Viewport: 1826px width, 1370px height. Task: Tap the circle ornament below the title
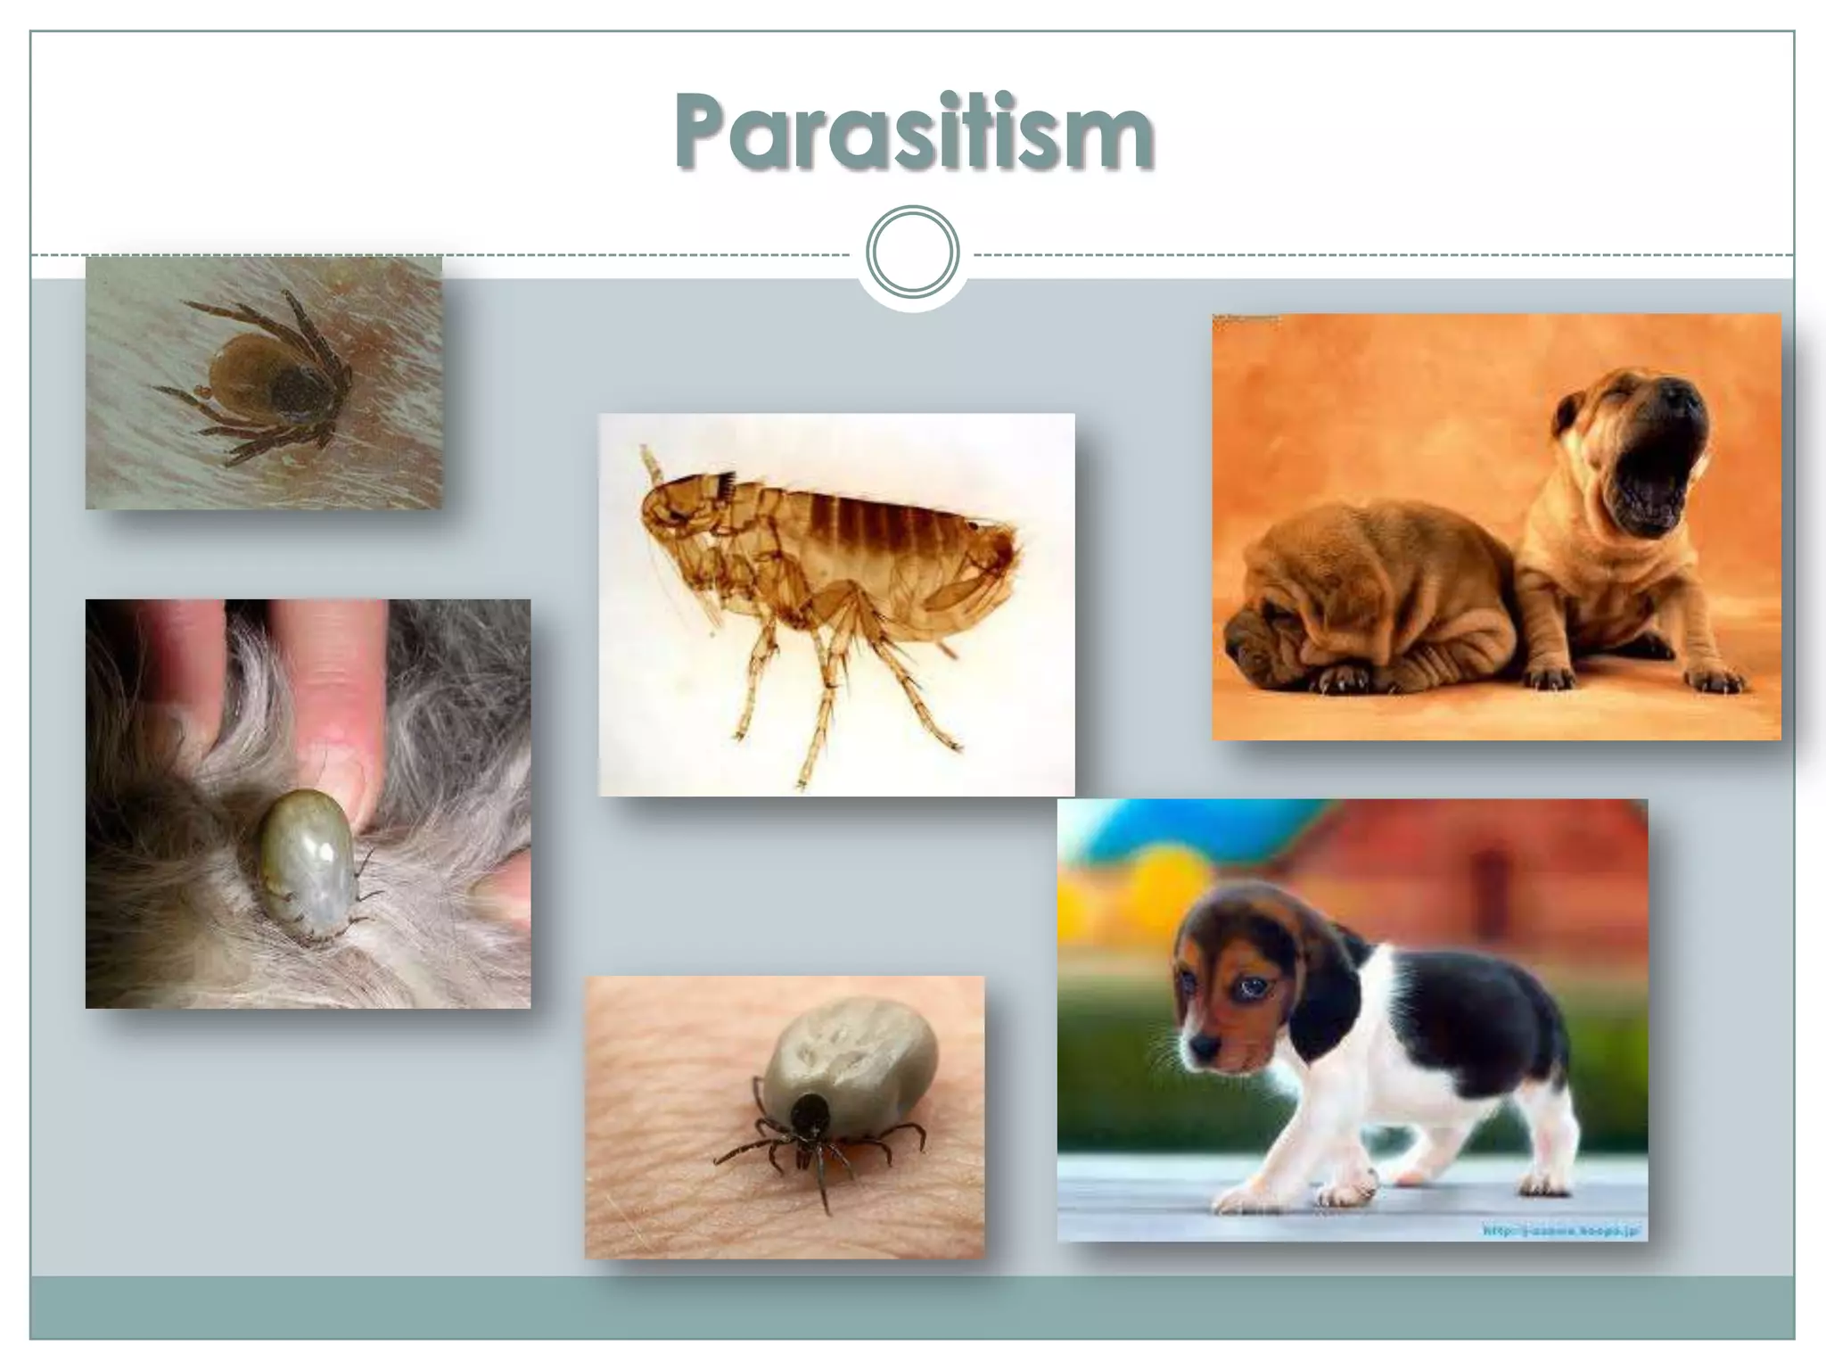912,252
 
